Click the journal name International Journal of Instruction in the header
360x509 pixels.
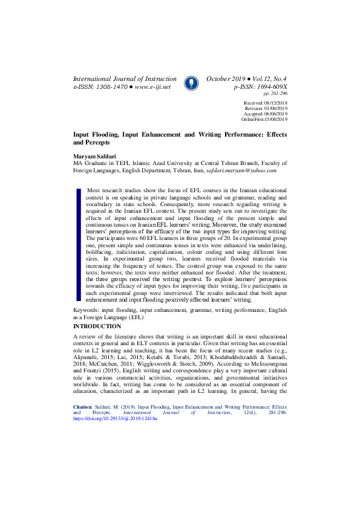(x=125, y=79)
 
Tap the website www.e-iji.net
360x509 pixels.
(x=152, y=87)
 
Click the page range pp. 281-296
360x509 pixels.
(x=275, y=94)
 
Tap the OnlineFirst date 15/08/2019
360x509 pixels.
(x=275, y=119)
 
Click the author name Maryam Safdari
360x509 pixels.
(x=94, y=156)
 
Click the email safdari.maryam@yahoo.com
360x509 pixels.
(x=238, y=170)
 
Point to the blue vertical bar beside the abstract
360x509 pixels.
(x=78, y=244)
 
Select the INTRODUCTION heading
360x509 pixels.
(x=97, y=326)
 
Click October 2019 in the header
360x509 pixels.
(x=226, y=79)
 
